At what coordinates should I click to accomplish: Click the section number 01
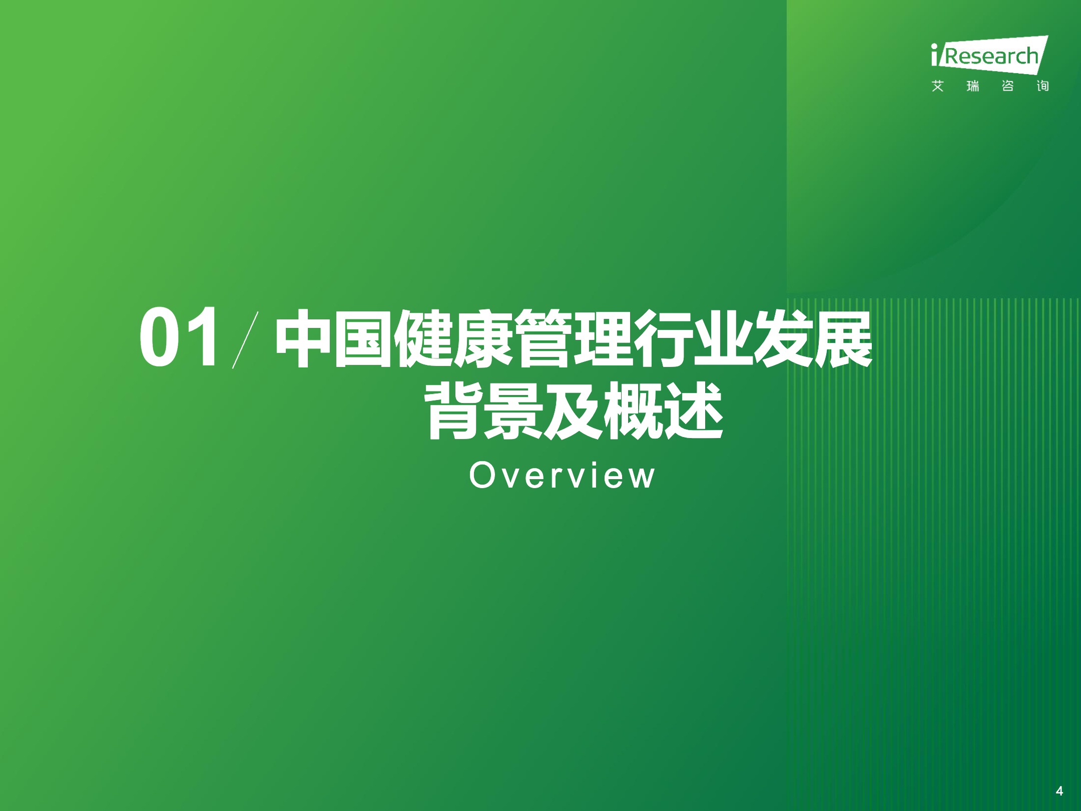tap(179, 336)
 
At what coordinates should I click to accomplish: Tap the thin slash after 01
tap(245, 339)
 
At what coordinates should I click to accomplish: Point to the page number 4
tap(1059, 791)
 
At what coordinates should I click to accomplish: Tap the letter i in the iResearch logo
tap(934, 55)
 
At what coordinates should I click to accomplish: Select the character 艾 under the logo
tap(938, 86)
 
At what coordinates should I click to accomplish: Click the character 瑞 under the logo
tap(973, 86)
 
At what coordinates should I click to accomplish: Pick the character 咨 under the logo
tap(1008, 86)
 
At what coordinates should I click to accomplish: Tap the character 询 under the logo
tap(1043, 86)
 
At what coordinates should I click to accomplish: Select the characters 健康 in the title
tap(453, 338)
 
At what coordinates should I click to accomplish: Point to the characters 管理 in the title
tap(574, 338)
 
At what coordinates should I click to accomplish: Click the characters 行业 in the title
tap(694, 338)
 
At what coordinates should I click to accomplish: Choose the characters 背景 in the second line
tap(483, 411)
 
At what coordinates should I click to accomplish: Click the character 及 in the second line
tap(574, 411)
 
